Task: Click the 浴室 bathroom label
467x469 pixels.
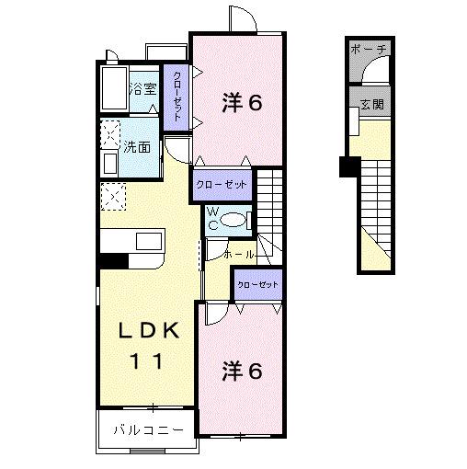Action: [x=142, y=89]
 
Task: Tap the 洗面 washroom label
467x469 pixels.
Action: [x=138, y=146]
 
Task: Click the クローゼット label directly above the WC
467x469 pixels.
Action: [x=221, y=184]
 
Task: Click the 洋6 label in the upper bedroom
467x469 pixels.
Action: [x=242, y=102]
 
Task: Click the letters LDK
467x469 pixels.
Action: [x=146, y=332]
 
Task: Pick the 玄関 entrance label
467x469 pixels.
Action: [x=371, y=105]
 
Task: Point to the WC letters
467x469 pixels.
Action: [x=211, y=219]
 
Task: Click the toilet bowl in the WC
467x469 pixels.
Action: [x=234, y=220]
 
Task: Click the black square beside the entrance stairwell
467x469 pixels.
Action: [x=348, y=166]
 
